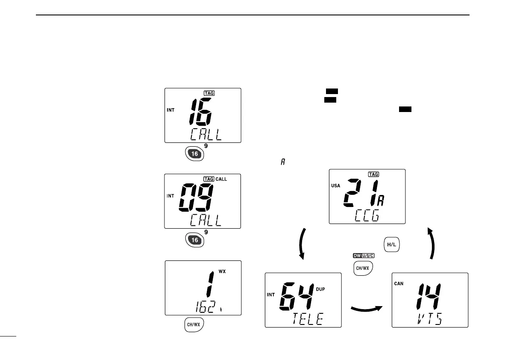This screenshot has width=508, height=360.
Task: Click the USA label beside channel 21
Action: pyautogui.click(x=336, y=186)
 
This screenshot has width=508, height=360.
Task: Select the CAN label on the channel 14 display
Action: pyautogui.click(x=399, y=283)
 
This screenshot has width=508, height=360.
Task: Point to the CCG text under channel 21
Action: pyautogui.click(x=367, y=217)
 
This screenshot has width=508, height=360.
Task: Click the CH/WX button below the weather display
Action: pyautogui.click(x=194, y=325)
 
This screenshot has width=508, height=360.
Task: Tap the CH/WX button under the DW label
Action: pyautogui.click(x=363, y=268)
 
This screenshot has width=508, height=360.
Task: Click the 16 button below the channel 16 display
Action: pyautogui.click(x=194, y=153)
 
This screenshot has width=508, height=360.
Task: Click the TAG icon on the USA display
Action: pyautogui.click(x=373, y=174)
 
